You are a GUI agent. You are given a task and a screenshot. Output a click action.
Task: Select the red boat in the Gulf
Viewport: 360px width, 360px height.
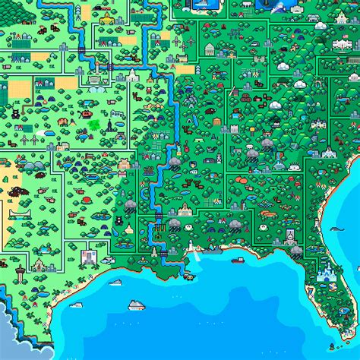coord(188,276)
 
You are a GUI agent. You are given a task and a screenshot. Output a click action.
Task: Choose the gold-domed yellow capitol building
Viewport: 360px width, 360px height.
coord(107,17)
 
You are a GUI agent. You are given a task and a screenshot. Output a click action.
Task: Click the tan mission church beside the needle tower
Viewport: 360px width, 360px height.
coord(39,265)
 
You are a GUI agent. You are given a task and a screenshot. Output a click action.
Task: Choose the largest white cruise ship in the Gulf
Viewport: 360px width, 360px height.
coord(136,305)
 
